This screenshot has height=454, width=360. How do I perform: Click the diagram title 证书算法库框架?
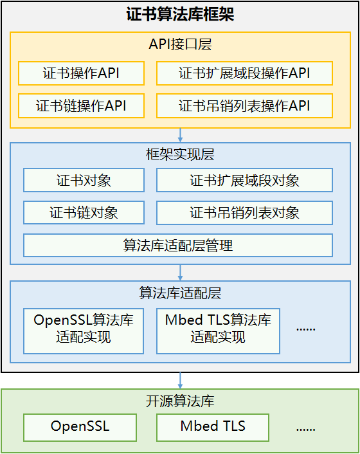click(180, 14)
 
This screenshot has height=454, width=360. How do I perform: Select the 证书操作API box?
click(81, 73)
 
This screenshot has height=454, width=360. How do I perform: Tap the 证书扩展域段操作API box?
click(244, 73)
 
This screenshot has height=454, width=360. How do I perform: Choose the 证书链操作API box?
click(81, 105)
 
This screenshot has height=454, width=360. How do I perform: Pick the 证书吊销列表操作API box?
click(244, 105)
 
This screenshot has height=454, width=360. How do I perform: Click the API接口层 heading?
click(180, 44)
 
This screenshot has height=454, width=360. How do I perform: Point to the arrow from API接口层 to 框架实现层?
click(180, 135)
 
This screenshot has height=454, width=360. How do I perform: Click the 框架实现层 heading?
click(180, 154)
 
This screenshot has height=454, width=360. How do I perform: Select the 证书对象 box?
click(84, 180)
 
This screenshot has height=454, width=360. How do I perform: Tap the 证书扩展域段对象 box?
click(244, 180)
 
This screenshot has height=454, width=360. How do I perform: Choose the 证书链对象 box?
click(84, 212)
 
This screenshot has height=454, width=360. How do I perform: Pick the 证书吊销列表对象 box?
click(244, 212)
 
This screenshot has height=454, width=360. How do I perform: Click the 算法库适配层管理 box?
click(178, 245)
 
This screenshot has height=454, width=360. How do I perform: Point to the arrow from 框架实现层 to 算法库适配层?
click(180, 273)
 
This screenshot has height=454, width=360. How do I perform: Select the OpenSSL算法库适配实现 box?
click(84, 331)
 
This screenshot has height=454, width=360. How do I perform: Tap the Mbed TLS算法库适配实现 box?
click(218, 331)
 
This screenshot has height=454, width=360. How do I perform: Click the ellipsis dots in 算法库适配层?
click(306, 329)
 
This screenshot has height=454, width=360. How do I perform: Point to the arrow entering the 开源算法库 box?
click(180, 381)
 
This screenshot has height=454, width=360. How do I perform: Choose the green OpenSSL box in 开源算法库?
click(80, 428)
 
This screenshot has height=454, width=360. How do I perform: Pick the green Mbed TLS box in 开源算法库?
click(213, 428)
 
